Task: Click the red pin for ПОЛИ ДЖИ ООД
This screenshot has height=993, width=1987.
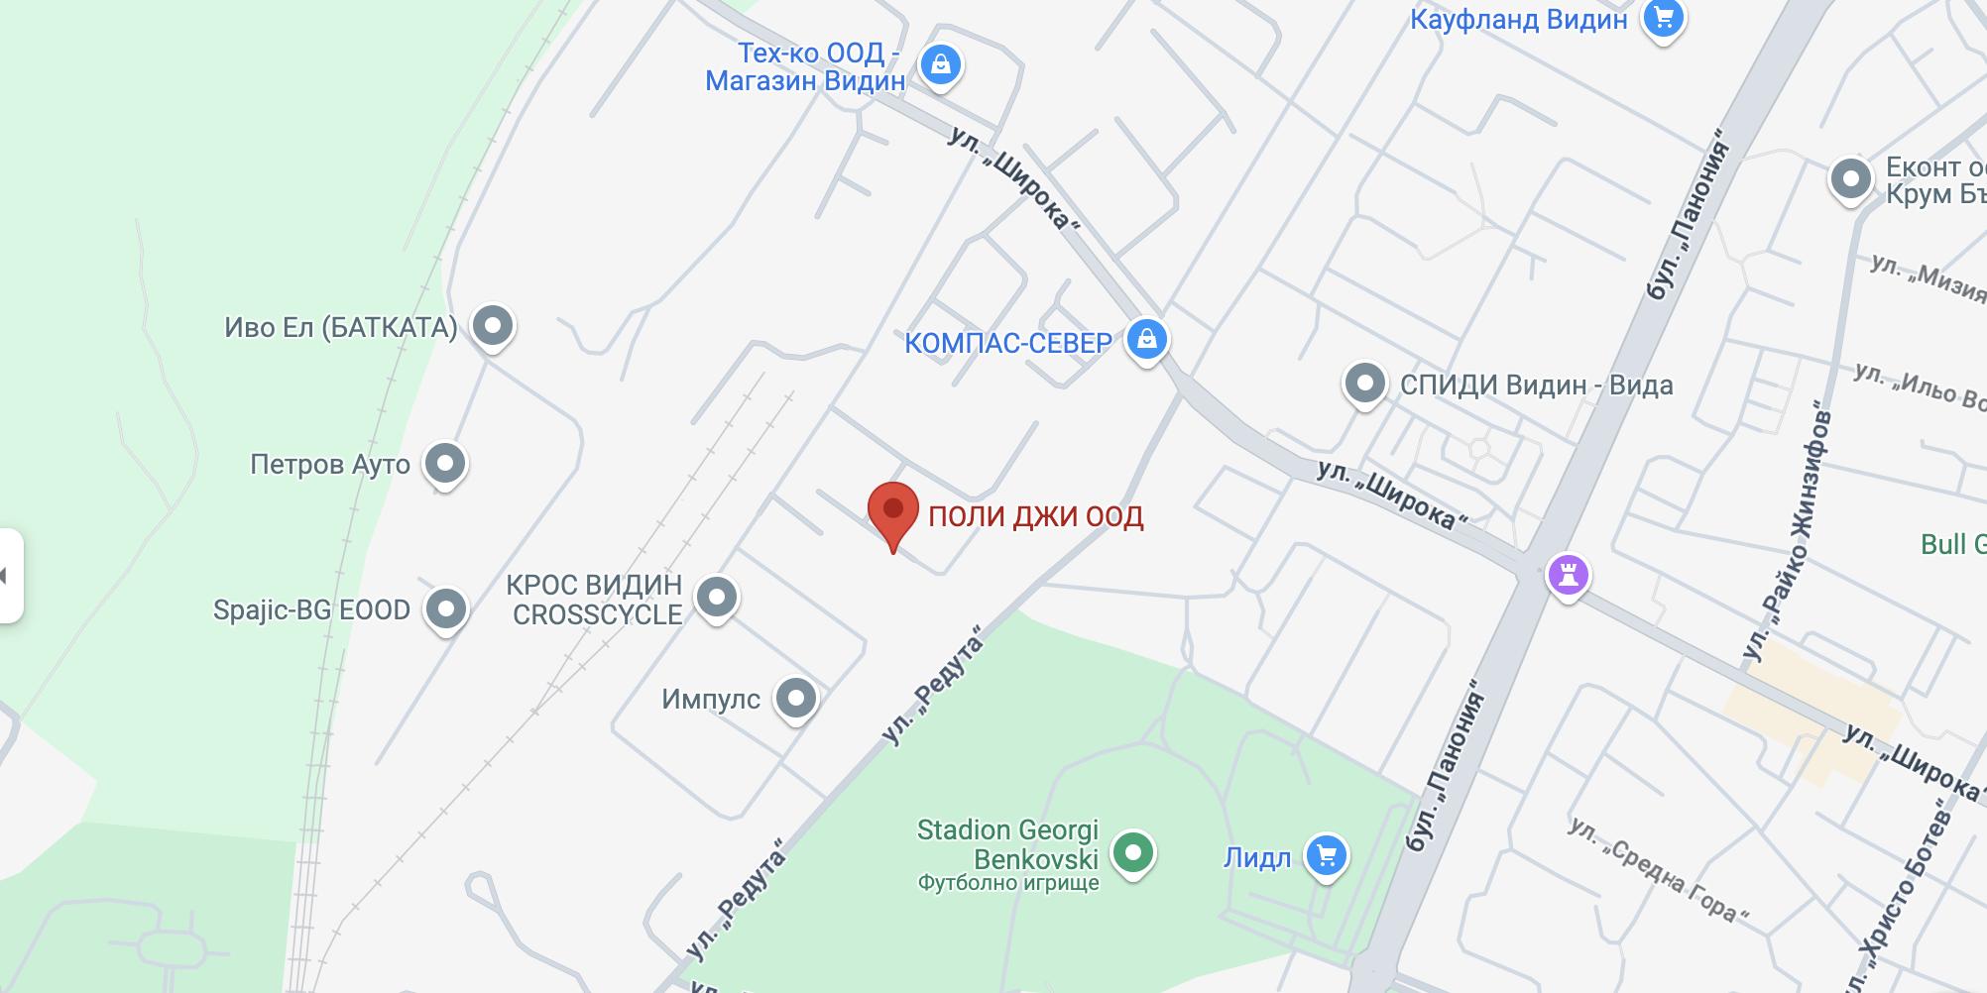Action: click(x=892, y=511)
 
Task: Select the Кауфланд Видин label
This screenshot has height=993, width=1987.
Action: click(x=1518, y=19)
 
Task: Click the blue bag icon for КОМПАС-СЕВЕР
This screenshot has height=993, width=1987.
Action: click(x=1146, y=340)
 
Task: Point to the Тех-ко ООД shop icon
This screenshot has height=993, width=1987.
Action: click(x=940, y=65)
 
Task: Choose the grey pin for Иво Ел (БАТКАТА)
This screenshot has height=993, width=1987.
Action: click(x=492, y=325)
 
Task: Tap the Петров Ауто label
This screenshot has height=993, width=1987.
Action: click(x=329, y=464)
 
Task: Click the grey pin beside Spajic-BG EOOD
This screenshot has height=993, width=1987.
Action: click(x=445, y=608)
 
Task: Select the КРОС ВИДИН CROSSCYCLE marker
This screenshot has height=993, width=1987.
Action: click(x=716, y=598)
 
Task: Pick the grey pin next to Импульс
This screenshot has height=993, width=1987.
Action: click(x=795, y=699)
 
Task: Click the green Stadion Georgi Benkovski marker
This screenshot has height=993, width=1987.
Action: click(x=1132, y=852)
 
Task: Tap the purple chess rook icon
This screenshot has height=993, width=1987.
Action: click(x=1568, y=574)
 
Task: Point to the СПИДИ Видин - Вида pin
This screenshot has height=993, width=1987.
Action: click(x=1364, y=384)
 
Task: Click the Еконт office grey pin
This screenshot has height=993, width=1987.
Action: click(x=1850, y=179)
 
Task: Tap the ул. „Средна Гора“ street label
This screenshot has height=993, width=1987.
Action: click(x=1657, y=869)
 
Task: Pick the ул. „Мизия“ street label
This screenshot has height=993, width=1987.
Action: click(x=1929, y=276)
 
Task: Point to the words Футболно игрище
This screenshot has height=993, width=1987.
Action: click(x=1007, y=882)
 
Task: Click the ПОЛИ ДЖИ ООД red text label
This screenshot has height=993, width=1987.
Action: click(x=1035, y=516)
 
